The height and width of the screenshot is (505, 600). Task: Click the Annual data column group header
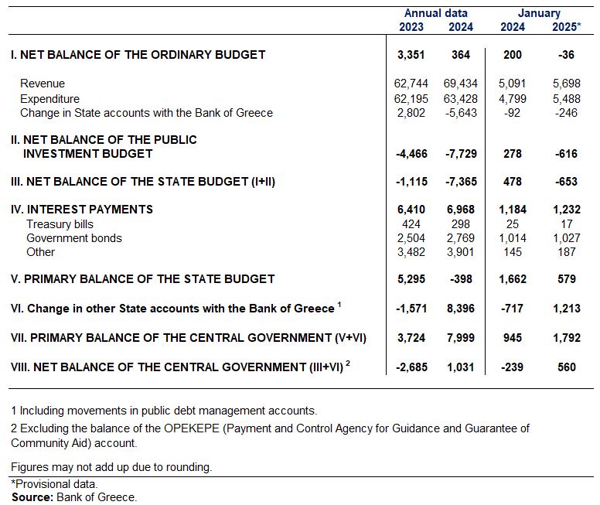point(436,13)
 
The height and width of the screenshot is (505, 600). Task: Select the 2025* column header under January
point(566,27)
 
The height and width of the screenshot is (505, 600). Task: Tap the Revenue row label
point(43,83)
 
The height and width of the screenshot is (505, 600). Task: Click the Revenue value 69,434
point(461,83)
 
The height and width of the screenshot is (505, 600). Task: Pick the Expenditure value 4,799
point(513,99)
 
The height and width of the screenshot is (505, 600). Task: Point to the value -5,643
point(461,113)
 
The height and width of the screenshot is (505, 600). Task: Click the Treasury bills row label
point(60,224)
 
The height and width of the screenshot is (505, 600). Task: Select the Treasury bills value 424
point(411,224)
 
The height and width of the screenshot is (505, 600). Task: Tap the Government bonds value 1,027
point(566,237)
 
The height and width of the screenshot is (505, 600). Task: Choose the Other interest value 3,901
point(461,252)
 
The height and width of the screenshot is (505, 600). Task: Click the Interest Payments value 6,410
point(411,210)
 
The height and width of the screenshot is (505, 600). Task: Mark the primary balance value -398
point(461,278)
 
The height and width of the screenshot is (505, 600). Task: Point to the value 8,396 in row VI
point(461,309)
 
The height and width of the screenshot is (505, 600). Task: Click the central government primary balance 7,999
point(461,338)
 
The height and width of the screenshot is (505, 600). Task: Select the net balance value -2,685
point(411,367)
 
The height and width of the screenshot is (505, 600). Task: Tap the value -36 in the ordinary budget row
point(566,54)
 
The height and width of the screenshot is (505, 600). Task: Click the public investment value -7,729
point(461,154)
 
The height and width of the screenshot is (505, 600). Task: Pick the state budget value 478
point(513,181)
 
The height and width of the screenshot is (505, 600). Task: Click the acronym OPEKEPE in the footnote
point(191,428)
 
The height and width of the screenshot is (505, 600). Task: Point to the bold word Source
point(32,497)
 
